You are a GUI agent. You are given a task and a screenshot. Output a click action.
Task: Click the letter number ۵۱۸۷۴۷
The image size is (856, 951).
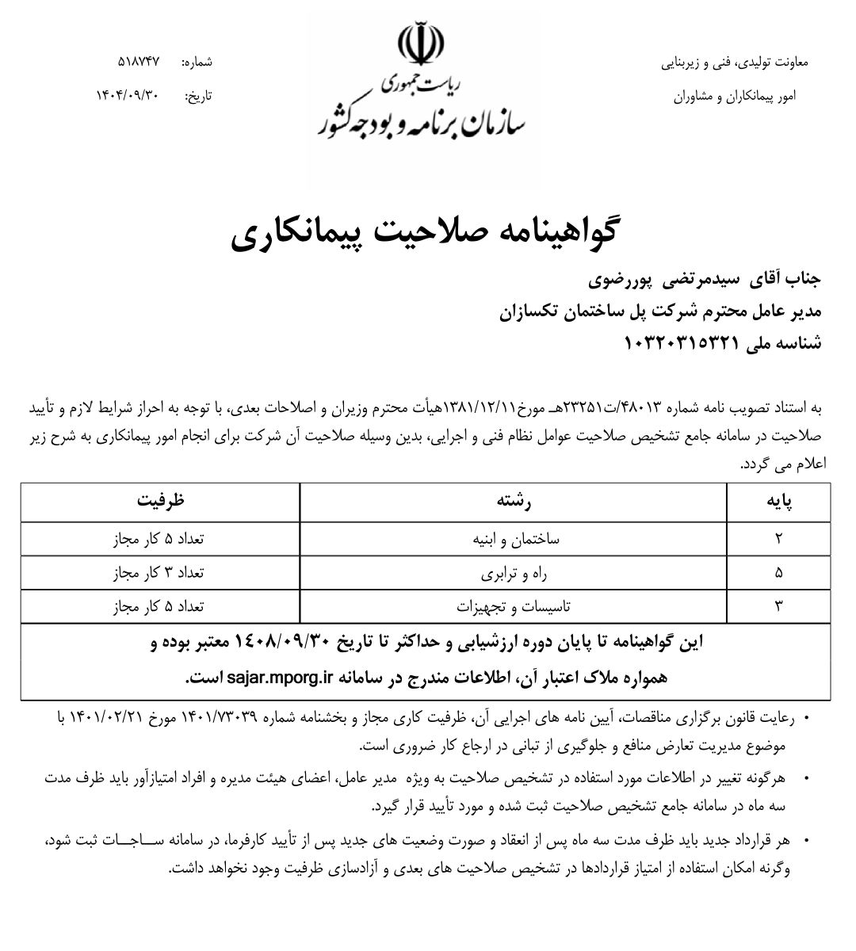pos(139,61)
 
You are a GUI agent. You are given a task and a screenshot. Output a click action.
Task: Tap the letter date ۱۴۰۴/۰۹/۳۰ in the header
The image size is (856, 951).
pos(128,95)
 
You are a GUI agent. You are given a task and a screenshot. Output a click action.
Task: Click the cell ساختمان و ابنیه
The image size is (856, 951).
pos(513,539)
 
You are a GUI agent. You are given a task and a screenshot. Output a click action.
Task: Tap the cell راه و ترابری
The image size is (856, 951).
pos(513,572)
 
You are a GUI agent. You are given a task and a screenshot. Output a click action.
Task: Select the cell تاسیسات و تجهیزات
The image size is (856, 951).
pos(513,607)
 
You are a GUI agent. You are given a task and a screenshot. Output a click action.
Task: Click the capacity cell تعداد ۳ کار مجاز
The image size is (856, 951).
pos(159,572)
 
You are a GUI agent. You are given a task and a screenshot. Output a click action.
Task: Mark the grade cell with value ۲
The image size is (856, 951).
pos(778,539)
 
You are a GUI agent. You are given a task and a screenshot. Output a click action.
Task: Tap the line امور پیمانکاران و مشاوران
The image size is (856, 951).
pos(733,96)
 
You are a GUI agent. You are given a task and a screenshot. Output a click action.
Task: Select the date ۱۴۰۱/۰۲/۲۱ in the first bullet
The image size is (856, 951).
pos(106,718)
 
